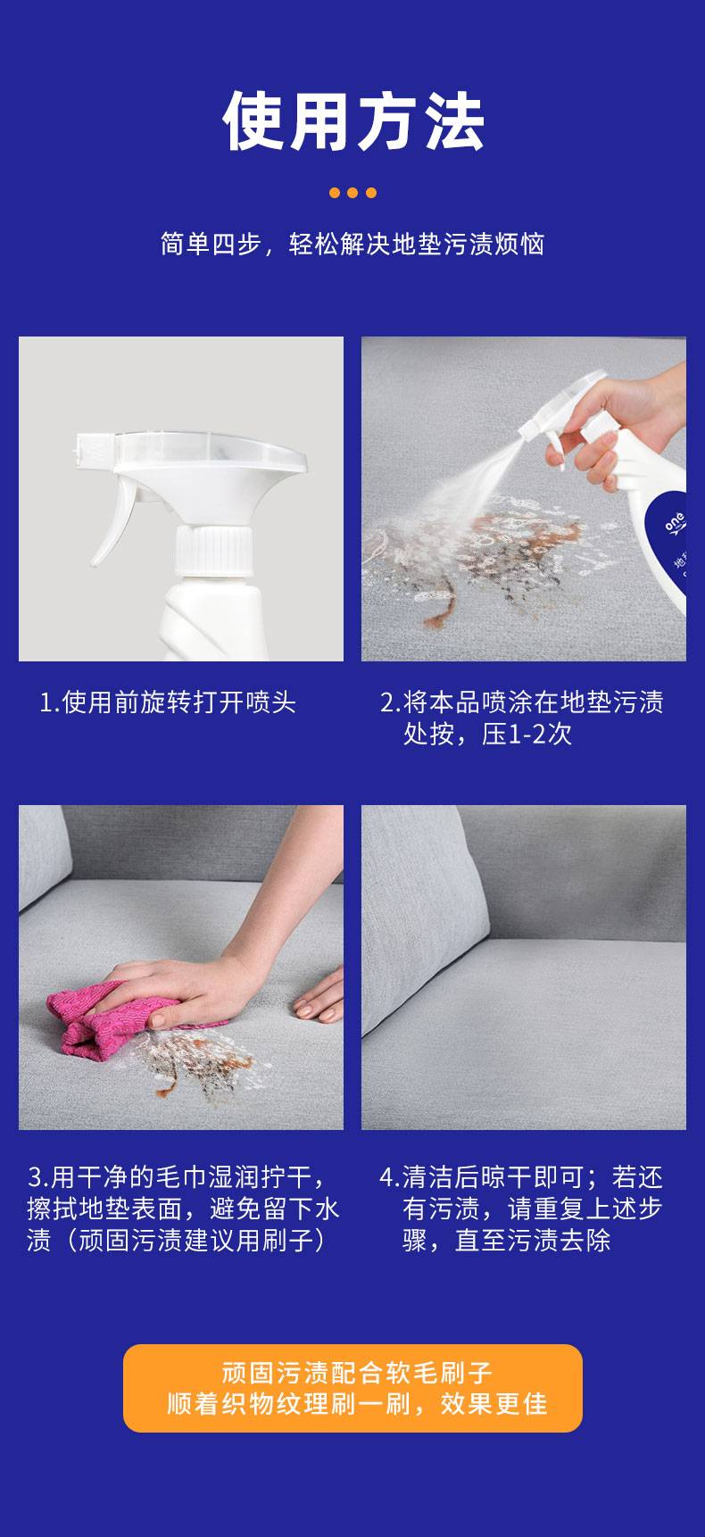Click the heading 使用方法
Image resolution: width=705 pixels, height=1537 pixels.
tap(352, 121)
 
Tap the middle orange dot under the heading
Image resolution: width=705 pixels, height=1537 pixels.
tap(352, 193)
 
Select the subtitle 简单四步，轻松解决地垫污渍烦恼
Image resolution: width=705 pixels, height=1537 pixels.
tap(352, 244)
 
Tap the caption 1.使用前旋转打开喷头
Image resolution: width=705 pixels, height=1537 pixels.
tap(168, 702)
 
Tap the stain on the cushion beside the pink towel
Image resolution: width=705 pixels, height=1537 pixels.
tap(205, 1067)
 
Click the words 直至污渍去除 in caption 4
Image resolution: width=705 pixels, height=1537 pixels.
tap(533, 1241)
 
